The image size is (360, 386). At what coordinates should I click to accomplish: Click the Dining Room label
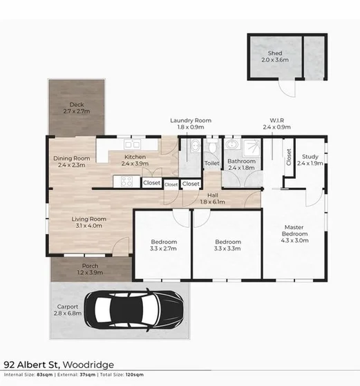[x=72, y=162]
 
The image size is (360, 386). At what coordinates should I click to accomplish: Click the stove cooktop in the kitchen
[x=127, y=182]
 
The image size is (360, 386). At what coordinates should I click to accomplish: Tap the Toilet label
[x=211, y=164]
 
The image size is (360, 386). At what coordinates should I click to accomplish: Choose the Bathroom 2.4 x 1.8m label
[x=241, y=164]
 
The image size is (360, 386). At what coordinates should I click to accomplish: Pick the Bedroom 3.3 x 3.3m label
[x=227, y=244]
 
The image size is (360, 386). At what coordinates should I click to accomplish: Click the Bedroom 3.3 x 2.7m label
[x=164, y=244]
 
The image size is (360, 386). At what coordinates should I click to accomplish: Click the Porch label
[x=90, y=269]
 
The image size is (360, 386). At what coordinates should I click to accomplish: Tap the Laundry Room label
[x=191, y=124]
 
